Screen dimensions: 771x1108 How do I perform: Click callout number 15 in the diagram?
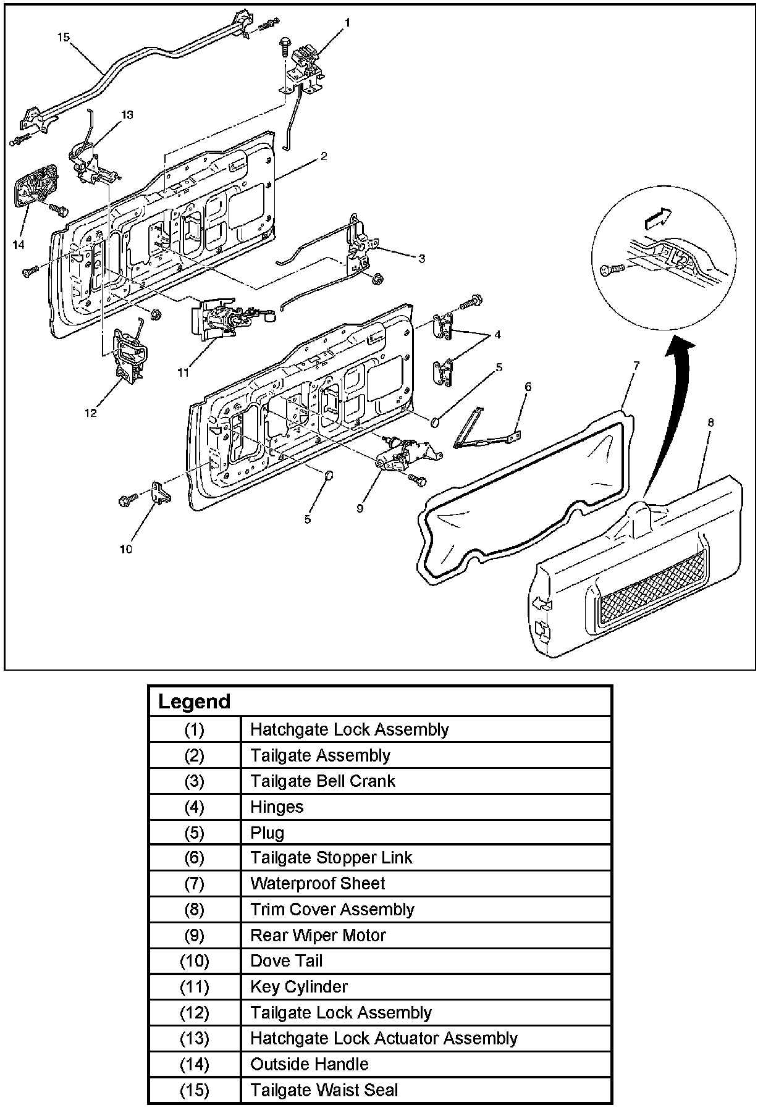[63, 37]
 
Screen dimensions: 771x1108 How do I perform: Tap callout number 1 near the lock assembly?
[347, 23]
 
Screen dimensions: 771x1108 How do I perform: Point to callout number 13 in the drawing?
[127, 115]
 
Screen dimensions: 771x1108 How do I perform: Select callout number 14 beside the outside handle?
[18, 245]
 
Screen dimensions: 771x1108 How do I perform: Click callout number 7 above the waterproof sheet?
[636, 366]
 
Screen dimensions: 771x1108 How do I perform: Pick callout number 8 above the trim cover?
[710, 422]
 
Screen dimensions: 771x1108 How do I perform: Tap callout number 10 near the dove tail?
[125, 548]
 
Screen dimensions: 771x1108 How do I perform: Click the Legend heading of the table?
[195, 702]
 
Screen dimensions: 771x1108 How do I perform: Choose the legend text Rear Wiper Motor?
[318, 935]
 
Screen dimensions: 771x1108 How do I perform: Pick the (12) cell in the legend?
[195, 1013]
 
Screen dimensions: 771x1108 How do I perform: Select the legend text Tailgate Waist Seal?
[324, 1090]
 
